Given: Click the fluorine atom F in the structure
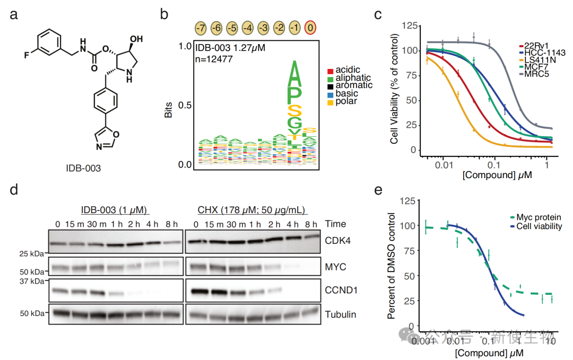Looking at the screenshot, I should [26, 54].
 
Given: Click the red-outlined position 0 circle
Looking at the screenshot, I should [311, 28].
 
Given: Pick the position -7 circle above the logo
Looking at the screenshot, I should [201, 28].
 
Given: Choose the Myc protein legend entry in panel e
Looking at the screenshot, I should [531, 217].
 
